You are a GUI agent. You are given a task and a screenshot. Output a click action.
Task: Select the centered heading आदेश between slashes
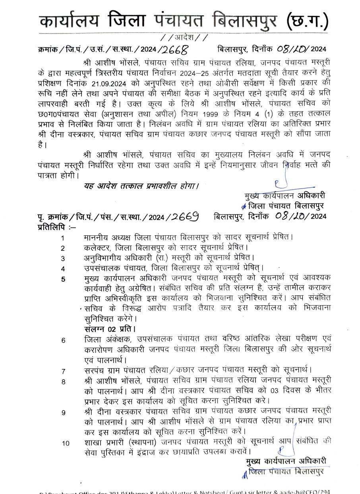(184, 39)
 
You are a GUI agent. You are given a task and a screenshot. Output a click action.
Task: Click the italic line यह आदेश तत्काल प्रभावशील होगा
(141, 185)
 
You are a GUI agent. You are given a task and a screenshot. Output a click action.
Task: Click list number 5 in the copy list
(63, 279)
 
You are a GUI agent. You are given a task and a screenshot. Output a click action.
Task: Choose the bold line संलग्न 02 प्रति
(110, 329)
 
